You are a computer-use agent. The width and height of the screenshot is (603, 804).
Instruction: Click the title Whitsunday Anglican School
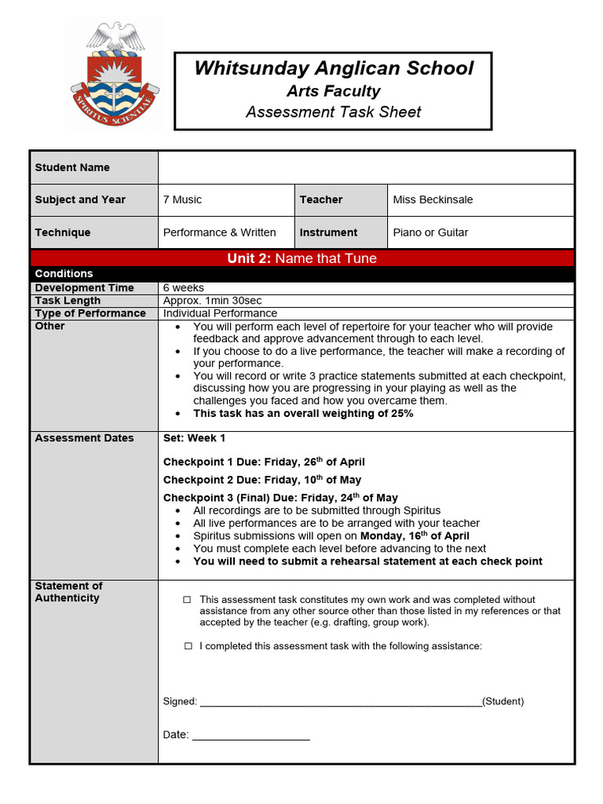tap(334, 68)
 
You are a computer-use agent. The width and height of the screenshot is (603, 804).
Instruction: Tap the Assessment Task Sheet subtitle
tap(334, 112)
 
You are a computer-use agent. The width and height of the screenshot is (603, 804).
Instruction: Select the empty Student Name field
tap(366, 167)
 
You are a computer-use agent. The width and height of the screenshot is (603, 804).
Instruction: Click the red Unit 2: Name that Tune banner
tap(302, 258)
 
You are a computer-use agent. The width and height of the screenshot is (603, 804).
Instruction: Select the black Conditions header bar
tap(302, 273)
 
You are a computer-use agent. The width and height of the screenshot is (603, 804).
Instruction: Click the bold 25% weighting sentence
tap(303, 413)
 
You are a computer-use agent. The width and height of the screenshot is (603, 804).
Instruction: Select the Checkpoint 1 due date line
tap(264, 462)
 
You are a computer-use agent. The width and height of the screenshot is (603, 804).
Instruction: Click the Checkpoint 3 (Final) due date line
tap(280, 498)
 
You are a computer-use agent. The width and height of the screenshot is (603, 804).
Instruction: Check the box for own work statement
tap(188, 600)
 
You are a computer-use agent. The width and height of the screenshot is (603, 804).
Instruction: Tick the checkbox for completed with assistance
tap(188, 646)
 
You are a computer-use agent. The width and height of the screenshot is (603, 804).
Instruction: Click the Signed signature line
tap(341, 702)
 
